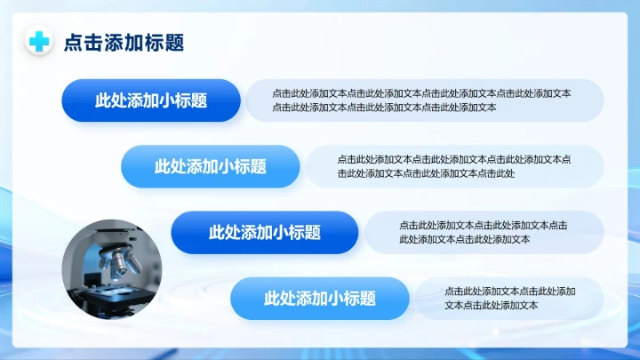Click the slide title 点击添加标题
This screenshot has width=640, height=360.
click(x=124, y=43)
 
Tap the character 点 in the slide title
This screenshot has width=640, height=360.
click(x=72, y=43)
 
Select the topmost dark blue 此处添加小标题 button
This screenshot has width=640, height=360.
click(x=151, y=100)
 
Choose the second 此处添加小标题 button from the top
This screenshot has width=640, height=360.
click(x=211, y=166)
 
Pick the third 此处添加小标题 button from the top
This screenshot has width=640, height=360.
click(x=265, y=233)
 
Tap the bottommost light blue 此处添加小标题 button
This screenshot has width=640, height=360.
click(x=320, y=299)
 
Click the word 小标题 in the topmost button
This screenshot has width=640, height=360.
click(x=184, y=100)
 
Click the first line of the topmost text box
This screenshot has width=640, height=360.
click(x=421, y=93)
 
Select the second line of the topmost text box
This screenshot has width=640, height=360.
click(x=384, y=108)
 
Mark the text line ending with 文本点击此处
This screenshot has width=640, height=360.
click(x=426, y=173)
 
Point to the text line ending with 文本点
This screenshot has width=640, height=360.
click(x=454, y=159)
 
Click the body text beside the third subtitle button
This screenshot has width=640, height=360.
click(x=484, y=232)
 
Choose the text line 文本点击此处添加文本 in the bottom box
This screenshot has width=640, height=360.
click(x=492, y=306)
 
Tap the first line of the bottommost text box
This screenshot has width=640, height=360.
click(x=510, y=292)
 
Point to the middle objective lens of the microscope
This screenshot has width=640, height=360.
click(x=120, y=263)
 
